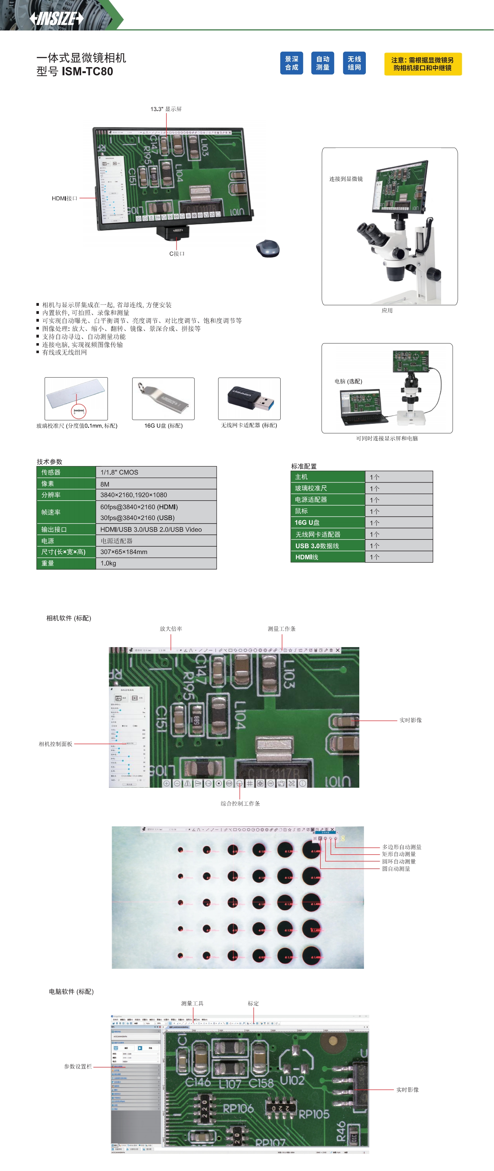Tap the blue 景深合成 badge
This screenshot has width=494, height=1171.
pos(291,63)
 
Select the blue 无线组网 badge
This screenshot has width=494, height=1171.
pos(354,63)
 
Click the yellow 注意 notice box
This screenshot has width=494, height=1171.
pos(423,64)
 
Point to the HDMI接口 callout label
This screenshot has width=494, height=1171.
pos(64,198)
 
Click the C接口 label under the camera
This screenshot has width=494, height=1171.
pos(177,254)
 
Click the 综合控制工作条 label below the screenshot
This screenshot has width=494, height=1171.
pos(240,804)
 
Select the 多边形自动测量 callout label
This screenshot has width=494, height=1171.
pos(401,847)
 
